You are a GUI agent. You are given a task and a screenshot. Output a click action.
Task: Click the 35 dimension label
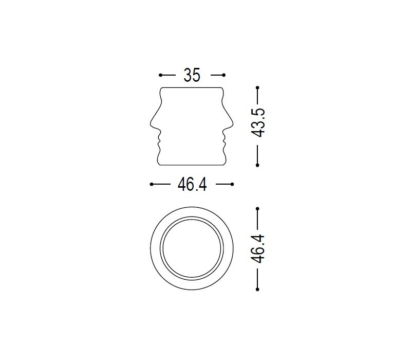pos(192,75)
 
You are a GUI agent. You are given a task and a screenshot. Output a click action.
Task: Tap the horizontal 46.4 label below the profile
pos(192,184)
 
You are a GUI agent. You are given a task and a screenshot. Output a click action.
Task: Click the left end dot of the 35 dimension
pos(160,75)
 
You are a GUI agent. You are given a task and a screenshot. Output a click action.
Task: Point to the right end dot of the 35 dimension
pos(223,75)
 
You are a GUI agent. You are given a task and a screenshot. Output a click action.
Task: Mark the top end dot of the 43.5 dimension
pos(257,87)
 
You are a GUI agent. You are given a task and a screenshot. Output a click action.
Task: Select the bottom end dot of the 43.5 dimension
pos(257,165)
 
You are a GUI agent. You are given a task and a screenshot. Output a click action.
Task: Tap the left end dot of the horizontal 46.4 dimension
pos(152,184)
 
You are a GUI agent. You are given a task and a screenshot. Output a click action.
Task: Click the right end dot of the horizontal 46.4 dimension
pos(232,184)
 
